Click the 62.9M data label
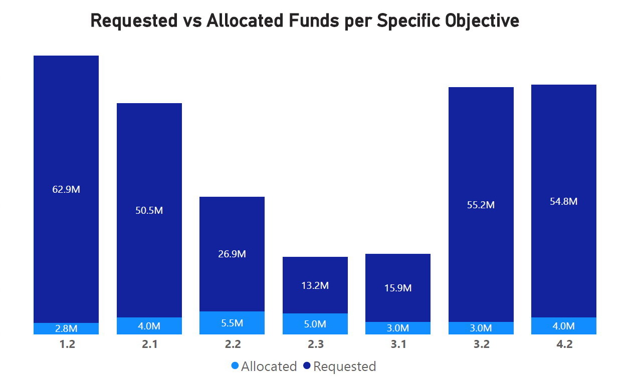click(x=66, y=190)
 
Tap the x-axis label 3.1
click(x=398, y=344)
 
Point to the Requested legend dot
click(x=307, y=366)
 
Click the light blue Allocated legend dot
click(x=235, y=366)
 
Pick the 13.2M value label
click(x=315, y=285)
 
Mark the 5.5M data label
click(x=232, y=323)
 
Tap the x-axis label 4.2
click(x=564, y=344)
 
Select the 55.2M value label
click(x=481, y=205)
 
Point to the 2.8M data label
click(x=66, y=328)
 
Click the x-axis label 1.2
click(x=66, y=344)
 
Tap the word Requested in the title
click(x=134, y=21)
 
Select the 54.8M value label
click(x=564, y=201)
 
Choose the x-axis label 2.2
click(x=232, y=344)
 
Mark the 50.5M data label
click(x=149, y=210)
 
